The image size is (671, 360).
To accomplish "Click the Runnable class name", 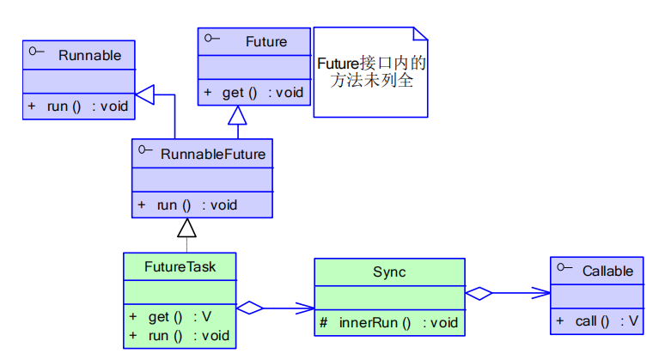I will coord(89,55).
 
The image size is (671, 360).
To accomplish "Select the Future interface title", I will coord(266,41).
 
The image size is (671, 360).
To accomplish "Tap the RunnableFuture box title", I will coord(212,154).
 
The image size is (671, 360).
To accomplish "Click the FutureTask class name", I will coord(180,266).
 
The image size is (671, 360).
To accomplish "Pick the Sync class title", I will coord(389,272).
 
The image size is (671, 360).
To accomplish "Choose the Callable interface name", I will coord(607,271).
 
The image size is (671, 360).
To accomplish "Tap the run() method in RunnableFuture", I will coord(187,204).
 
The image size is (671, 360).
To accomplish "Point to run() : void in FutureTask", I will coord(180,335).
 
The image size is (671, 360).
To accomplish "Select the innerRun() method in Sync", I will coord(389,322).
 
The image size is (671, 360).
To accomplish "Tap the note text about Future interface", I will coord(371,72).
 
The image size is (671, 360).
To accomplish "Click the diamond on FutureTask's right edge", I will coord(249,308).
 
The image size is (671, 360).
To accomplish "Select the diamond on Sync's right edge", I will coord(479,293).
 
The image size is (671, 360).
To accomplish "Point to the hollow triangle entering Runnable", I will coord(144,95).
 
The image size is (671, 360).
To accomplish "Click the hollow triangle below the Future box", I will coord(237,115).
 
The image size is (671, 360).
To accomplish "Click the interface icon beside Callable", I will coord(564,269).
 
